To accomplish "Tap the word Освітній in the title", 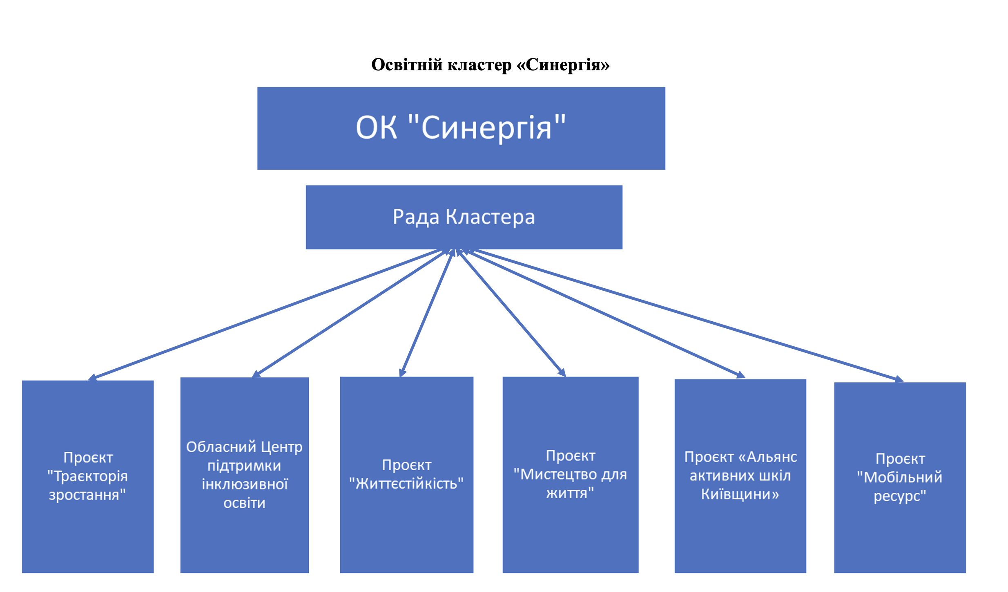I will click(x=407, y=65).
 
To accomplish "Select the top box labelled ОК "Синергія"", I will click(x=461, y=128).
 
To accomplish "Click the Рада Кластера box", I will click(x=464, y=217).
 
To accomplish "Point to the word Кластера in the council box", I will click(x=490, y=217).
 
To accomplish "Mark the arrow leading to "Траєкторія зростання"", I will click(x=265, y=314).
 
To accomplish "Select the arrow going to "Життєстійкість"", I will click(x=427, y=313).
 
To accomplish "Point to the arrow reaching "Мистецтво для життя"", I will click(x=511, y=313).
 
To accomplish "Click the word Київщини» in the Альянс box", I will click(x=740, y=494).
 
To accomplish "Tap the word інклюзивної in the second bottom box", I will click(x=245, y=484).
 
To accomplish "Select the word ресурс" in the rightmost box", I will click(x=899, y=496).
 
